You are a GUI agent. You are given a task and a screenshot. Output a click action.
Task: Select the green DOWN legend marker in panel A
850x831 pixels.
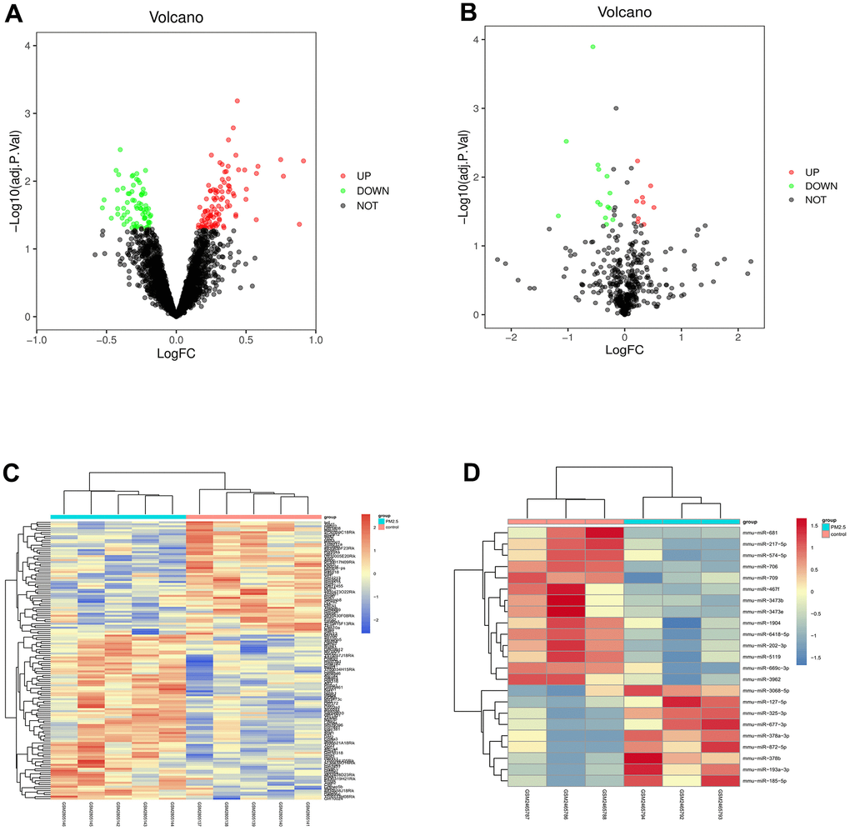(342, 191)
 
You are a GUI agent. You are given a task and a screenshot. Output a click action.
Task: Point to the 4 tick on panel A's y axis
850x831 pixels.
(29, 45)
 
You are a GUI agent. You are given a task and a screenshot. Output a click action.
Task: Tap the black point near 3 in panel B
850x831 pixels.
(616, 108)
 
